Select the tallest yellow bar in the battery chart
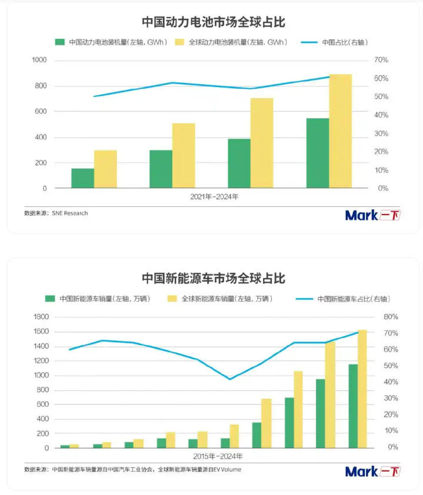[340, 131]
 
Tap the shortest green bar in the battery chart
[83, 178]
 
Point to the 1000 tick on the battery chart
[39, 60]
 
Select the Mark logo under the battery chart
[372, 215]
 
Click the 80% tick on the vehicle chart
[391, 317]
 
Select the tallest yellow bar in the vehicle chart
[362, 389]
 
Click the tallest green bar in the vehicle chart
[353, 406]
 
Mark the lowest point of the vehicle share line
[229, 379]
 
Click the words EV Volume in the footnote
[227, 470]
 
